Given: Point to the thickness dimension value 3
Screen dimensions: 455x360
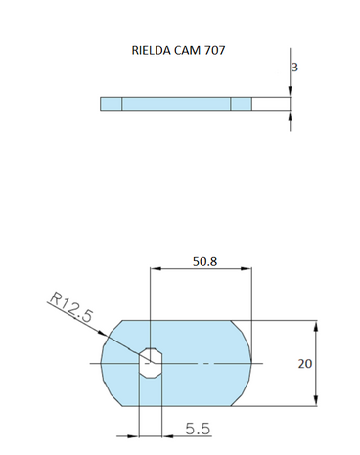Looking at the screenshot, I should click(x=295, y=68).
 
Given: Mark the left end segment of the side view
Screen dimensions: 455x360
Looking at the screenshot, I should click(x=111, y=103).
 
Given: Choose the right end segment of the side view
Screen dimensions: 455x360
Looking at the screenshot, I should click(x=241, y=103).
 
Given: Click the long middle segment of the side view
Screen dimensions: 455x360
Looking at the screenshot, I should click(x=176, y=103).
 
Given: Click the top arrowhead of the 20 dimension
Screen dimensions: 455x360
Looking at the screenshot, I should click(x=316, y=324).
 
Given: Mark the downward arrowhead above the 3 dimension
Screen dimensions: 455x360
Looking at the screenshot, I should click(x=291, y=92).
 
